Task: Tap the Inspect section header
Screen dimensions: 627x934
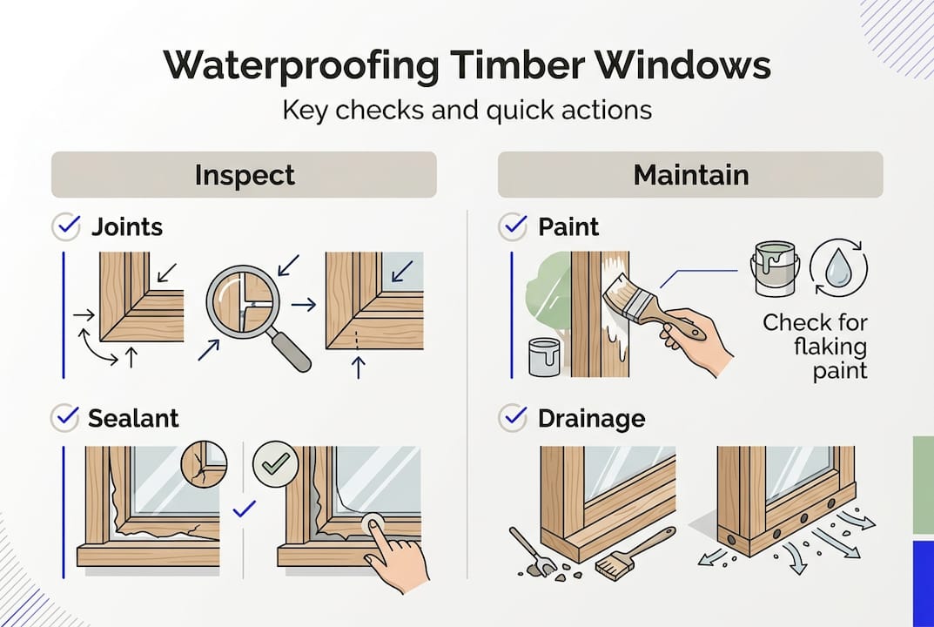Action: click(x=244, y=174)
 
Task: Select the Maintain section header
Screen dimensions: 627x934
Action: click(x=690, y=174)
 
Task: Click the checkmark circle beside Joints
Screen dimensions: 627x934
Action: click(x=67, y=227)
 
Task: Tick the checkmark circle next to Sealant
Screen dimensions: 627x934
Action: click(x=67, y=417)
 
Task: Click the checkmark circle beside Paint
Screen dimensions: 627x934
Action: click(x=512, y=227)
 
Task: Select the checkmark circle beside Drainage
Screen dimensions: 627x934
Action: click(x=512, y=418)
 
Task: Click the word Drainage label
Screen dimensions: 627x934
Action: click(x=591, y=418)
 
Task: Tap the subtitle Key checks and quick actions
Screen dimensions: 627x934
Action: click(x=467, y=111)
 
